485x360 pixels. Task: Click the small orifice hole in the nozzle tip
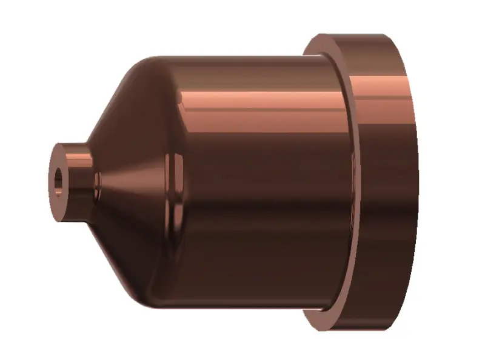pos(58,179)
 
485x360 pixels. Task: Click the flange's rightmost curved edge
pos(418,182)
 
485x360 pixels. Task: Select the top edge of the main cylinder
pos(242,56)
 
